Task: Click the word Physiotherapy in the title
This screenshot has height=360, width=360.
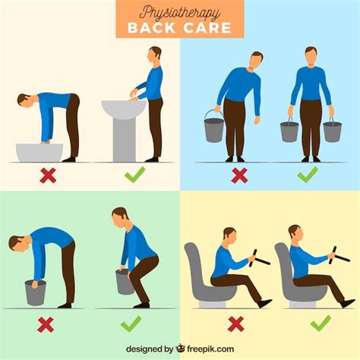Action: coord(179,13)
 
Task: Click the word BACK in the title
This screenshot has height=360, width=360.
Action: coord(151,28)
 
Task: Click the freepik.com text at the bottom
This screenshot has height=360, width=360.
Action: coord(210,349)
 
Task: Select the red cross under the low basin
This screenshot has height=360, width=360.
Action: coord(48,175)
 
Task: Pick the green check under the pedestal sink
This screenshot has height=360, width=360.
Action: coord(135,174)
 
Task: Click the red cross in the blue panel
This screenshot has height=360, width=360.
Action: coord(239,175)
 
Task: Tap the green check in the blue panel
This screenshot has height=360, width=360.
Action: coord(308,174)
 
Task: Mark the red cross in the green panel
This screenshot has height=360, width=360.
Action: coord(46,324)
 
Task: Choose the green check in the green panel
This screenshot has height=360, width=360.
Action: coord(131,324)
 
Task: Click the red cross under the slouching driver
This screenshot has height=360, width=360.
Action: coord(235,324)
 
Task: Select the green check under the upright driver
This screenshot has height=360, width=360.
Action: coord(321,324)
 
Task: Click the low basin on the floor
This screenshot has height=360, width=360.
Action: coord(39,153)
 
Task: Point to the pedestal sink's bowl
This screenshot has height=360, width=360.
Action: coord(124,109)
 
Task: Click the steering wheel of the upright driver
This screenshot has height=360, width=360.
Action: coord(339,256)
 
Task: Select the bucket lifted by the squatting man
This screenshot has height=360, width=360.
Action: coord(124,282)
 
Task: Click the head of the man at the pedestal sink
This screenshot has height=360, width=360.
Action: coord(154,54)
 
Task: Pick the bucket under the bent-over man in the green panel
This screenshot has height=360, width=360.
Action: coord(36,292)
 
